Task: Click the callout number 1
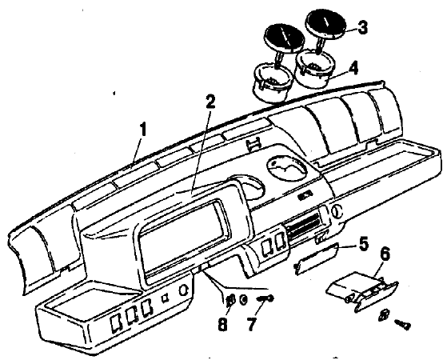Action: point(142,130)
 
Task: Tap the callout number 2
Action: point(210,102)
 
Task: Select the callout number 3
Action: point(362,28)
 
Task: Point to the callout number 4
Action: point(353,68)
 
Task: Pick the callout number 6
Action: point(385,254)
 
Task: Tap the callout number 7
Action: point(251,323)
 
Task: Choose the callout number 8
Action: point(223,323)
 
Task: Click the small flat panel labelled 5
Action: point(316,258)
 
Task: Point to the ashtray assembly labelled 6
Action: point(362,291)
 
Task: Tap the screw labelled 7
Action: point(265,298)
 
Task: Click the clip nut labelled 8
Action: point(230,299)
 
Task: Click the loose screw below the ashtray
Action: point(402,324)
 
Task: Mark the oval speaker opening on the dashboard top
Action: point(286,168)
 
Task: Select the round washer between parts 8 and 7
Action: point(243,299)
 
